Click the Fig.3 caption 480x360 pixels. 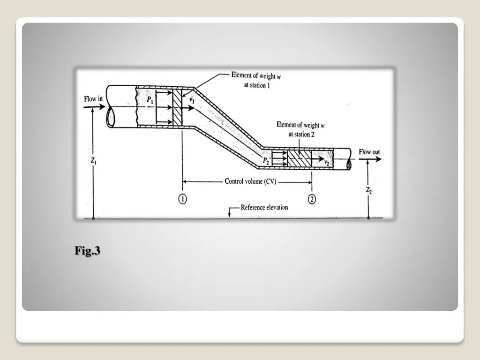[x=87, y=251]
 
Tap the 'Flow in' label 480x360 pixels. [x=93, y=99]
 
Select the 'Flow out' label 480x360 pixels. [x=369, y=152]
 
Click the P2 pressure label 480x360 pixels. [x=266, y=161]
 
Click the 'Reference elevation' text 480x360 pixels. [x=264, y=207]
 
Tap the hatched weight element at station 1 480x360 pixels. [x=177, y=106]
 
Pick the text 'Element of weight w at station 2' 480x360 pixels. [x=299, y=129]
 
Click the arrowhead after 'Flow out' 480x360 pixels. [x=378, y=159]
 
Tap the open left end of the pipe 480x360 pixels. [x=111, y=117]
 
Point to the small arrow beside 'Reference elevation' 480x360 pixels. [x=230, y=211]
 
